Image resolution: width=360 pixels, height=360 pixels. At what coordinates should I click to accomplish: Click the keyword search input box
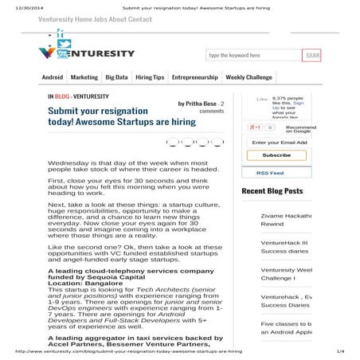tap(253, 56)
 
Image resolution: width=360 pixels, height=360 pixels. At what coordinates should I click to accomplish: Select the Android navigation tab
tap(52, 78)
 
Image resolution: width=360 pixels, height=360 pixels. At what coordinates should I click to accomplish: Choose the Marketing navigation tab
tap(84, 78)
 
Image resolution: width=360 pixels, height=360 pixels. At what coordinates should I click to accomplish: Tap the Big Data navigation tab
tap(116, 78)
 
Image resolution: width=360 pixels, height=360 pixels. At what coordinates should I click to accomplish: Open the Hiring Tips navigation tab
tap(150, 78)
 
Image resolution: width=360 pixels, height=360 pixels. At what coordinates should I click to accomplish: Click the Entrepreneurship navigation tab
tap(194, 78)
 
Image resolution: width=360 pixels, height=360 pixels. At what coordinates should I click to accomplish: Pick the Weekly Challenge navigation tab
tap(248, 78)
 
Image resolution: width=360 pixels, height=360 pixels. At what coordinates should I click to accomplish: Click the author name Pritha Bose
tap(198, 104)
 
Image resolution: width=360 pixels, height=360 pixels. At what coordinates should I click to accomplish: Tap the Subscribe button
tap(276, 155)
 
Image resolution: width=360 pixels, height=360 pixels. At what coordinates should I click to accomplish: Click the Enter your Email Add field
tap(277, 143)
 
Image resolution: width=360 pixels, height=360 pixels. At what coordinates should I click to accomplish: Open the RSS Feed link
tap(269, 173)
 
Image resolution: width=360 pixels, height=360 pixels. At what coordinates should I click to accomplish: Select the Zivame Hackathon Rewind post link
tap(285, 220)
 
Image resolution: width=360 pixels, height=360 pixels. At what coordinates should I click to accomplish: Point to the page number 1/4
tap(340, 350)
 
